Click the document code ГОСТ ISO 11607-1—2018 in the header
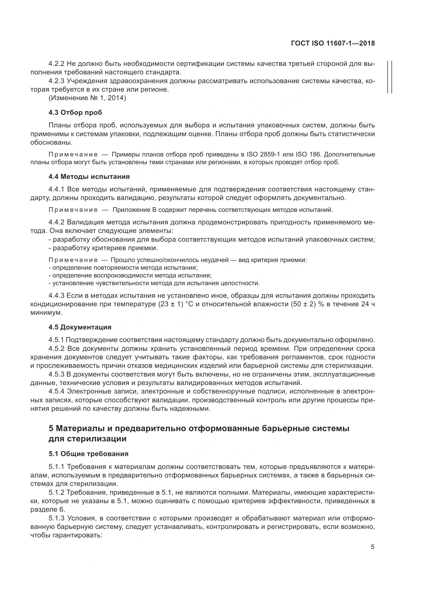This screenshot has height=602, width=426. (x=333, y=43)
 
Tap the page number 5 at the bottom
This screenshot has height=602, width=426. (x=372, y=547)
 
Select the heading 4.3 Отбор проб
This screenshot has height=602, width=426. (x=75, y=112)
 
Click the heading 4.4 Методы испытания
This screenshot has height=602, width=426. (x=89, y=177)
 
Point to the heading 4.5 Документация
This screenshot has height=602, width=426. (x=80, y=327)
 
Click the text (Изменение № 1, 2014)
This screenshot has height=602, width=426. (x=87, y=98)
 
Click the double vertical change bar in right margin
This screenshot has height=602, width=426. (x=389, y=77)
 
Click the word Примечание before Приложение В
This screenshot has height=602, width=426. (x=73, y=210)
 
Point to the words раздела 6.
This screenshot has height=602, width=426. (x=47, y=510)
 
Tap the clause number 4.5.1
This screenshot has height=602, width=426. (x=56, y=340)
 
